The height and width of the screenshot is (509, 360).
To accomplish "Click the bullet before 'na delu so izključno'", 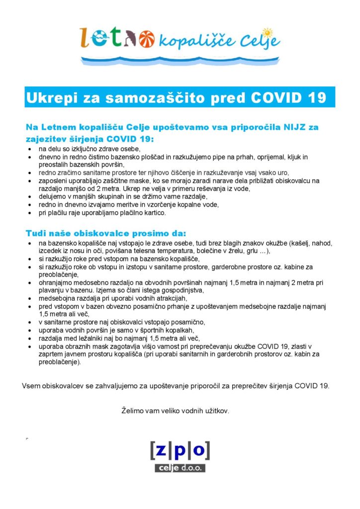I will [30, 149].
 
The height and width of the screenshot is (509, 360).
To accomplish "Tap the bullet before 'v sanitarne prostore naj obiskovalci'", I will [30, 322].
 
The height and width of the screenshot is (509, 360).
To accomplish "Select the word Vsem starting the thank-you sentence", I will [31, 386].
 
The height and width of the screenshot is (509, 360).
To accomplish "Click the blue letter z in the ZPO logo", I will [163, 450].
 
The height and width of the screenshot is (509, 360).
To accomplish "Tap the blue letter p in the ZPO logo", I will [180, 451].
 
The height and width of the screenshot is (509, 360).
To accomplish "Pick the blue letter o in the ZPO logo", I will [198, 450].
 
